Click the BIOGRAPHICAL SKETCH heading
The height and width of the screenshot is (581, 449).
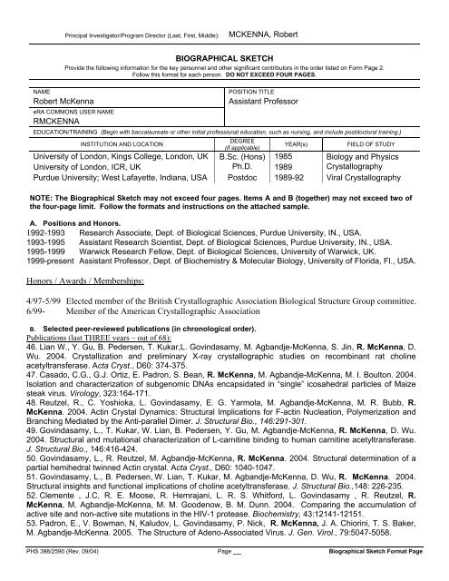pos(223,54)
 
